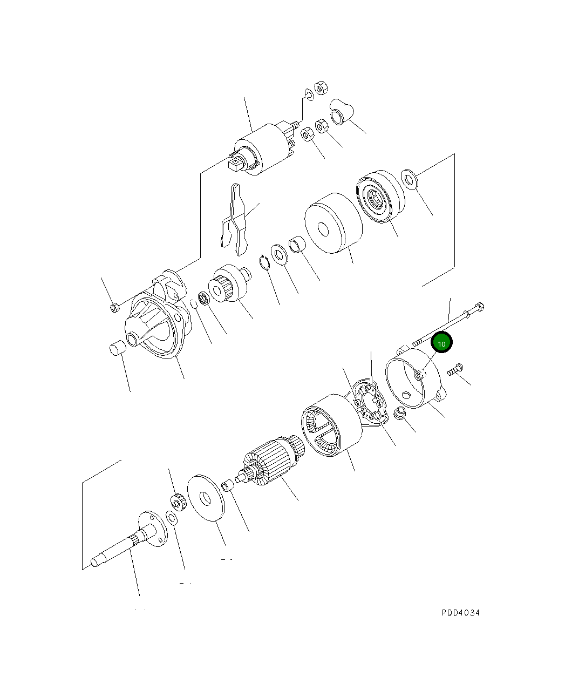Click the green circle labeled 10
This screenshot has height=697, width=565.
(x=441, y=343)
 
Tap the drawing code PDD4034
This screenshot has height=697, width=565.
(x=460, y=613)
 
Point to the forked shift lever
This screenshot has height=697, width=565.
(x=235, y=219)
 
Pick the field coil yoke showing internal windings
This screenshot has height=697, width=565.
(x=330, y=424)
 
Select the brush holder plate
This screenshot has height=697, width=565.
(x=371, y=402)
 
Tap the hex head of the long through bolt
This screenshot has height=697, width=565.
(x=480, y=308)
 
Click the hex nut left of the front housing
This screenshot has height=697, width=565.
(x=114, y=307)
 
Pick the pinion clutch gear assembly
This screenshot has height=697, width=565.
(x=230, y=285)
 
